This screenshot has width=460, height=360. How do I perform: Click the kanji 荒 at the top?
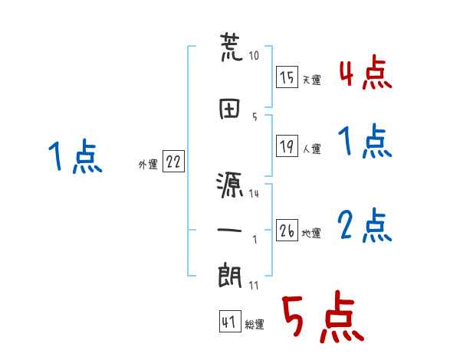(232, 48)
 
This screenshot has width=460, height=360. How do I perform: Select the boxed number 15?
(287, 77)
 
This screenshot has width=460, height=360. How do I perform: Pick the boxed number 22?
(173, 162)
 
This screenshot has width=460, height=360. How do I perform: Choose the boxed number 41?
(229, 322)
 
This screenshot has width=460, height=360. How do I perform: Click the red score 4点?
(365, 74)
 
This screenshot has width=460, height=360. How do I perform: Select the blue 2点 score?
(365, 226)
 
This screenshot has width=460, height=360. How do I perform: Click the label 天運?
(311, 80)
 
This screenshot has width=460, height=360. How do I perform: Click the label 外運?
(147, 163)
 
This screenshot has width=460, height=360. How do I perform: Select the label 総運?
(255, 325)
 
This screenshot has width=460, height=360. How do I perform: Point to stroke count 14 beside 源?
(254, 193)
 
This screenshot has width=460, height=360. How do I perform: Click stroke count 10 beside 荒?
(254, 56)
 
